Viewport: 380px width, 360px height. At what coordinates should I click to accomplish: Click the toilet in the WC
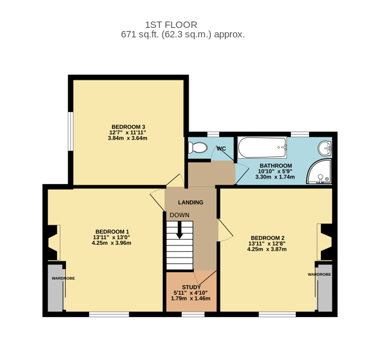[198, 147]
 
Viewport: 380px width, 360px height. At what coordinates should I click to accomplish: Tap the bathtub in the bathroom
[262, 147]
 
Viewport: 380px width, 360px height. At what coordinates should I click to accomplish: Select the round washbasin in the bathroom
[325, 149]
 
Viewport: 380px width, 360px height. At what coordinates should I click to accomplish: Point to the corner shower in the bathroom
[319, 171]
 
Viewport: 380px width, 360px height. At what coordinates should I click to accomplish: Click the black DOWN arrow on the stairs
[179, 230]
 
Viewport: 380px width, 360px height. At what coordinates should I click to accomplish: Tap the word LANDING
[191, 202]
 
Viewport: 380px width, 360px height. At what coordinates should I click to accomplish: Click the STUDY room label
[191, 287]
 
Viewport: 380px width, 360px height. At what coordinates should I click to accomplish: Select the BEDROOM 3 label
[128, 127]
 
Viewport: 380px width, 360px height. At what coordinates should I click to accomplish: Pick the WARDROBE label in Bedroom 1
[63, 278]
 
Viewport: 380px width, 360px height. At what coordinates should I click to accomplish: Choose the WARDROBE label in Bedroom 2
[319, 275]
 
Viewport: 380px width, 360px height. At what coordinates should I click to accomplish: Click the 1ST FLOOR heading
[171, 25]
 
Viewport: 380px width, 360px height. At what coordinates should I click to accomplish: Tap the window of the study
[193, 314]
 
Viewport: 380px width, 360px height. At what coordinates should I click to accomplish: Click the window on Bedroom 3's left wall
[70, 131]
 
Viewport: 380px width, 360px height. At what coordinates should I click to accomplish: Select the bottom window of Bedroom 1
[109, 314]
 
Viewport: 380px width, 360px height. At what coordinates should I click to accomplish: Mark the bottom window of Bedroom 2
[277, 314]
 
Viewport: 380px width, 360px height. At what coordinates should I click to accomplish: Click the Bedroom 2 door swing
[225, 230]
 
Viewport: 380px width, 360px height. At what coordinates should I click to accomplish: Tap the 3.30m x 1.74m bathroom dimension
[275, 177]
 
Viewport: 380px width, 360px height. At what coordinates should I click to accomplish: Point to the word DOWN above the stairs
[180, 215]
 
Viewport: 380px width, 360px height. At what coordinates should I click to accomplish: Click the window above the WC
[213, 134]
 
